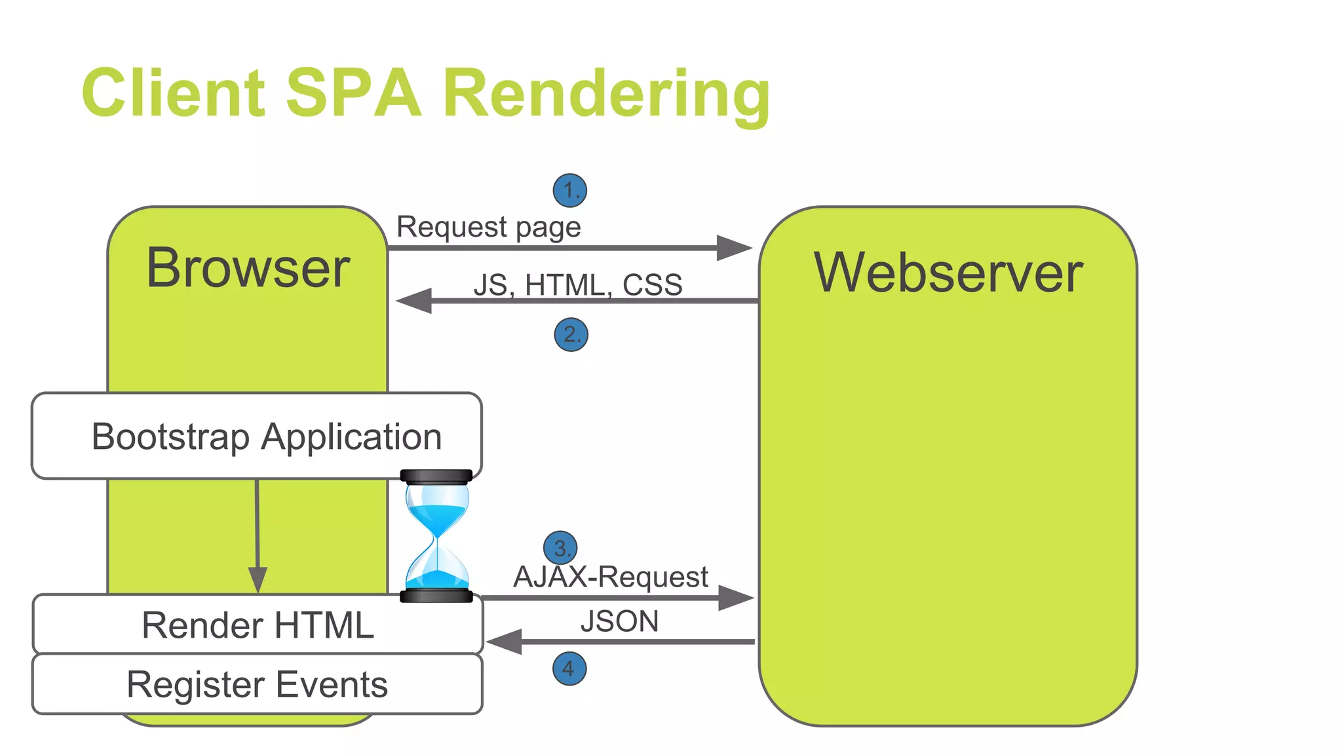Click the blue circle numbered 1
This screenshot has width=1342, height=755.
(x=569, y=191)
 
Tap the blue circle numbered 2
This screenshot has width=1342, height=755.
(x=571, y=335)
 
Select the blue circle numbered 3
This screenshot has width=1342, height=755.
(x=561, y=548)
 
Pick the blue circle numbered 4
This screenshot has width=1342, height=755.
(x=569, y=668)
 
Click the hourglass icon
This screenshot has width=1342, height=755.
(x=437, y=535)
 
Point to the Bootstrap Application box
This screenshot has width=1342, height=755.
(x=257, y=436)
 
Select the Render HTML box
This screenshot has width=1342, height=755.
(x=258, y=625)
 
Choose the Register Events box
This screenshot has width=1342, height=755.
(x=258, y=684)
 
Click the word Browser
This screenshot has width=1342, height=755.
(x=248, y=268)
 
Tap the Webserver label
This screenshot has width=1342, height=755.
(x=948, y=273)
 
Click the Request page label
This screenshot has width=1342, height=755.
(x=488, y=227)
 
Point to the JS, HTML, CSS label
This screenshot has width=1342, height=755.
(x=577, y=285)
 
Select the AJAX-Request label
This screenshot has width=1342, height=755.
(x=611, y=577)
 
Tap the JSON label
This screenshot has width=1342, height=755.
(x=619, y=621)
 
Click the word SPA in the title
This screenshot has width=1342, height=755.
(x=353, y=93)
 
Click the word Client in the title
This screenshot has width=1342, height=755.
(x=174, y=93)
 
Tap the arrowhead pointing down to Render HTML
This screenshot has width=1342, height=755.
(x=258, y=580)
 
